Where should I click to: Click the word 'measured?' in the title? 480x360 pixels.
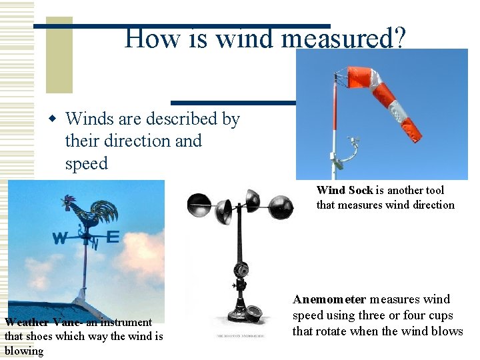[343, 38]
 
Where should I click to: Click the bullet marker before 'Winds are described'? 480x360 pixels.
[53, 119]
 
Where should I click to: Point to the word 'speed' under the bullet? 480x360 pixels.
[86, 163]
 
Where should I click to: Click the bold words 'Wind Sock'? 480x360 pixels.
[345, 191]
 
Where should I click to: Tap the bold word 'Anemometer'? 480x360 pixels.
[329, 299]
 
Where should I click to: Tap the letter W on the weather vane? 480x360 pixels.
[60, 238]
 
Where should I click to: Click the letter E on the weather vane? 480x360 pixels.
[112, 237]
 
